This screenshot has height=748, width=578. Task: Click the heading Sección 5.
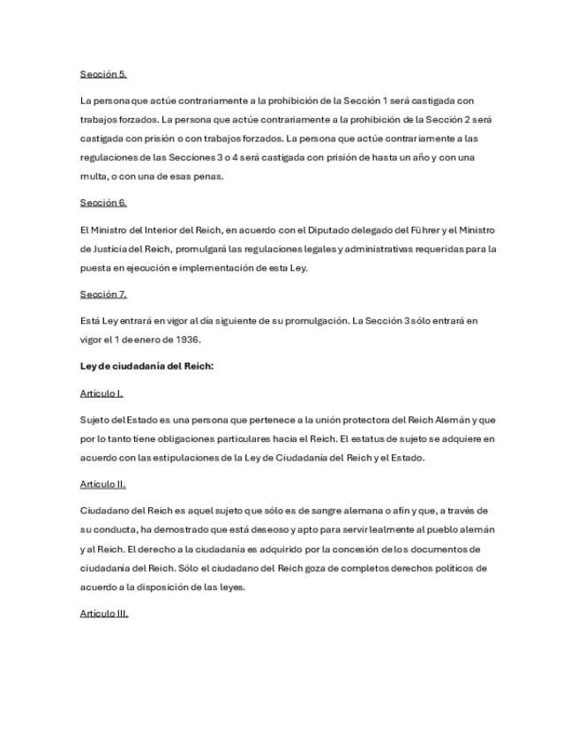click(x=102, y=74)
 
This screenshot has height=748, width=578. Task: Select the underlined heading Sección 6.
click(x=102, y=203)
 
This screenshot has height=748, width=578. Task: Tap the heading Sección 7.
click(x=102, y=294)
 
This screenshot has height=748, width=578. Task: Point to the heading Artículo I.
click(x=101, y=393)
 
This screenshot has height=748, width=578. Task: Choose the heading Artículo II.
click(x=102, y=484)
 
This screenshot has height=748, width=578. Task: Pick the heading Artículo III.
click(x=103, y=613)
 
